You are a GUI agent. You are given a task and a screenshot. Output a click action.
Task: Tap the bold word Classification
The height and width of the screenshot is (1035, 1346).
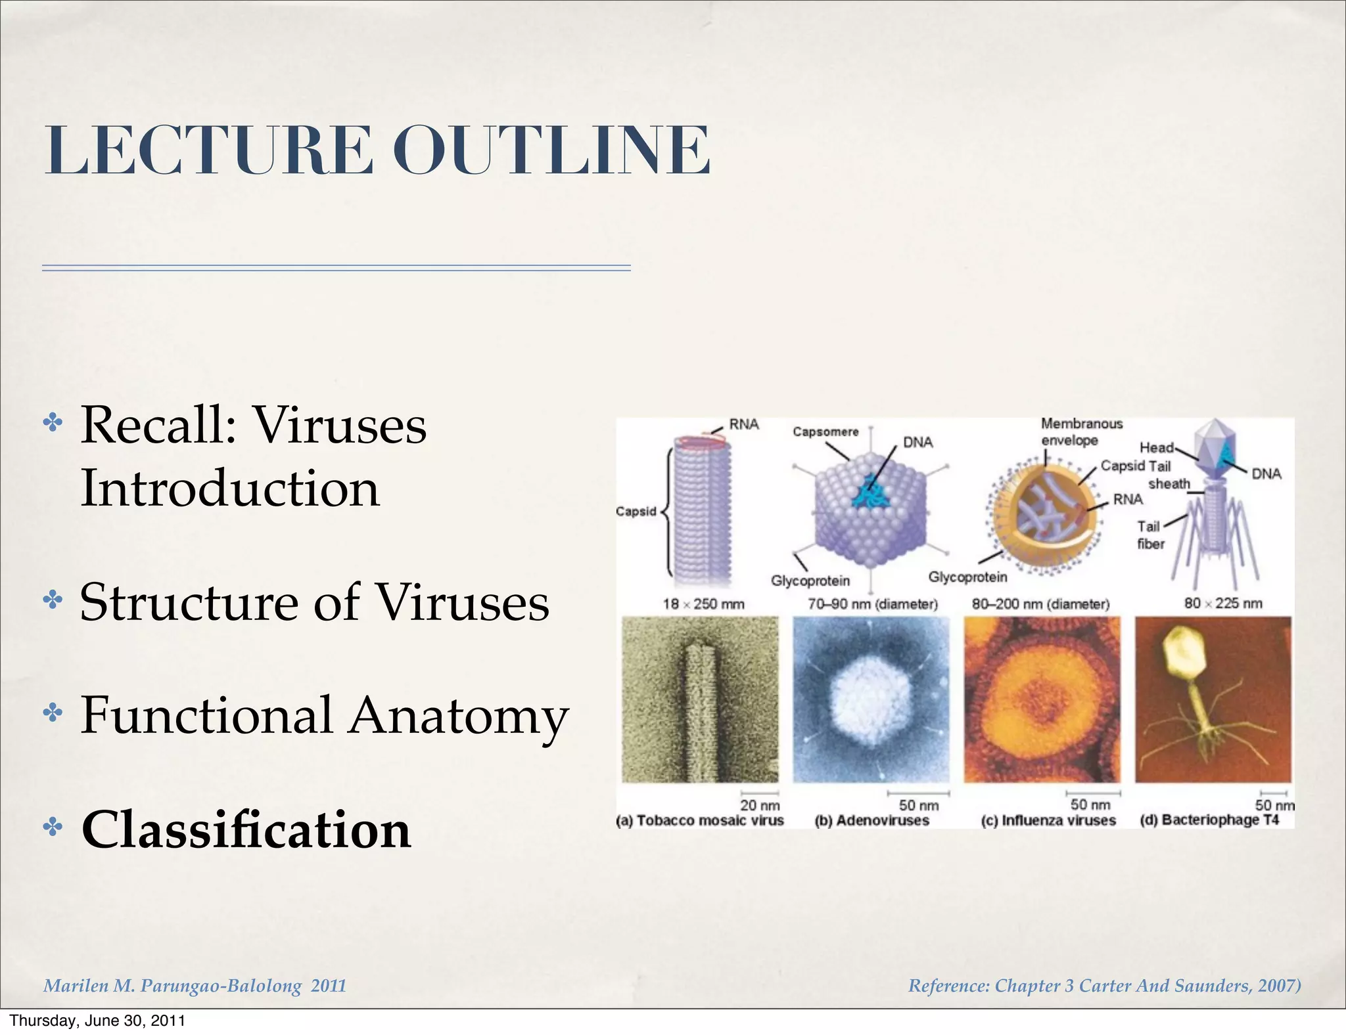[246, 829]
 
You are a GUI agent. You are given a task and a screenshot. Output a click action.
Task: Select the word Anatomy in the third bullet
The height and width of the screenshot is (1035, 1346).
[458, 716]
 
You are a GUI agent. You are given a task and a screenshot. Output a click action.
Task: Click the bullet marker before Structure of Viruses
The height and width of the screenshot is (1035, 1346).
[52, 600]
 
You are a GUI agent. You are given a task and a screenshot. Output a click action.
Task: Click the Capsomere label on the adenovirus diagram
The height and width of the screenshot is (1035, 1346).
[825, 432]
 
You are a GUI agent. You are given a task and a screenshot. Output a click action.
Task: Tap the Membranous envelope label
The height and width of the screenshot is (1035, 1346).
[1080, 431]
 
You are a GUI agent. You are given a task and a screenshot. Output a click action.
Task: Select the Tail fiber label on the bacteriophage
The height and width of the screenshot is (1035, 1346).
[1150, 535]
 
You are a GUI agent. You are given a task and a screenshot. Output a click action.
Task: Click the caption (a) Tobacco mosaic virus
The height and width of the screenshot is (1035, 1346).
[700, 821]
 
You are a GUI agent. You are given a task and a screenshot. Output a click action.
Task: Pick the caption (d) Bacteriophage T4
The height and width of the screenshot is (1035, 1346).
[1209, 820]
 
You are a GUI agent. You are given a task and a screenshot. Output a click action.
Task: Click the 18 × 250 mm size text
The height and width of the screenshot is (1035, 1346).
[703, 604]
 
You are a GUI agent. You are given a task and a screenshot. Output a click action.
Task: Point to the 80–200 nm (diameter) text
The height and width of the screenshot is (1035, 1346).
[1040, 604]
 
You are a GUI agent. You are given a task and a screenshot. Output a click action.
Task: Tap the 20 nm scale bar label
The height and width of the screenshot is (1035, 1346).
[760, 805]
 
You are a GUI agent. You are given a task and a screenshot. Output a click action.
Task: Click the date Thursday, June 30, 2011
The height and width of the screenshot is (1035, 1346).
[97, 1021]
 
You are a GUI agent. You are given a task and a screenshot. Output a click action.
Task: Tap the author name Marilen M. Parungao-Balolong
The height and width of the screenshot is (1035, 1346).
[173, 986]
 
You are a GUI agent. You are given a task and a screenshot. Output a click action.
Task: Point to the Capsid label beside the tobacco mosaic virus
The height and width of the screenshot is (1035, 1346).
[636, 512]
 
